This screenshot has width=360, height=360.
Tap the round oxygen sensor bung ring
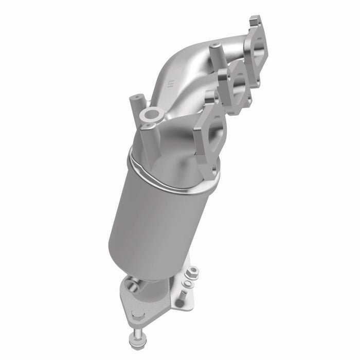tap(153, 114)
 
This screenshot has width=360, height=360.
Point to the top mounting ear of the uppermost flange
tap(256, 23)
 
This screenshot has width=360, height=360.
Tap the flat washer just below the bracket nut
tap(189, 283)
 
